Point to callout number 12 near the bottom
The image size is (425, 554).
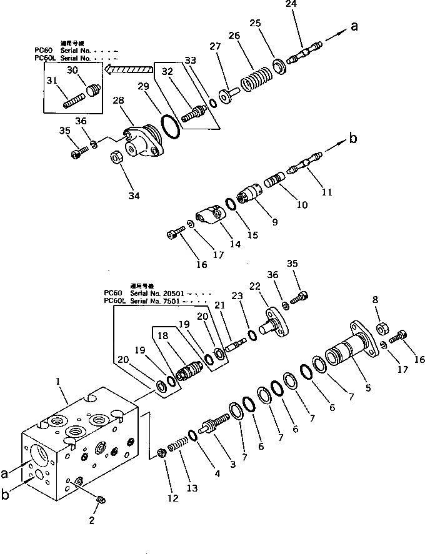pos(172,498)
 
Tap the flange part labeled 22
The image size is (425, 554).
pos(276,324)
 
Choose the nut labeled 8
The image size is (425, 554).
pos(382,329)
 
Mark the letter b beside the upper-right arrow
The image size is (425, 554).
pos(353,139)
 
